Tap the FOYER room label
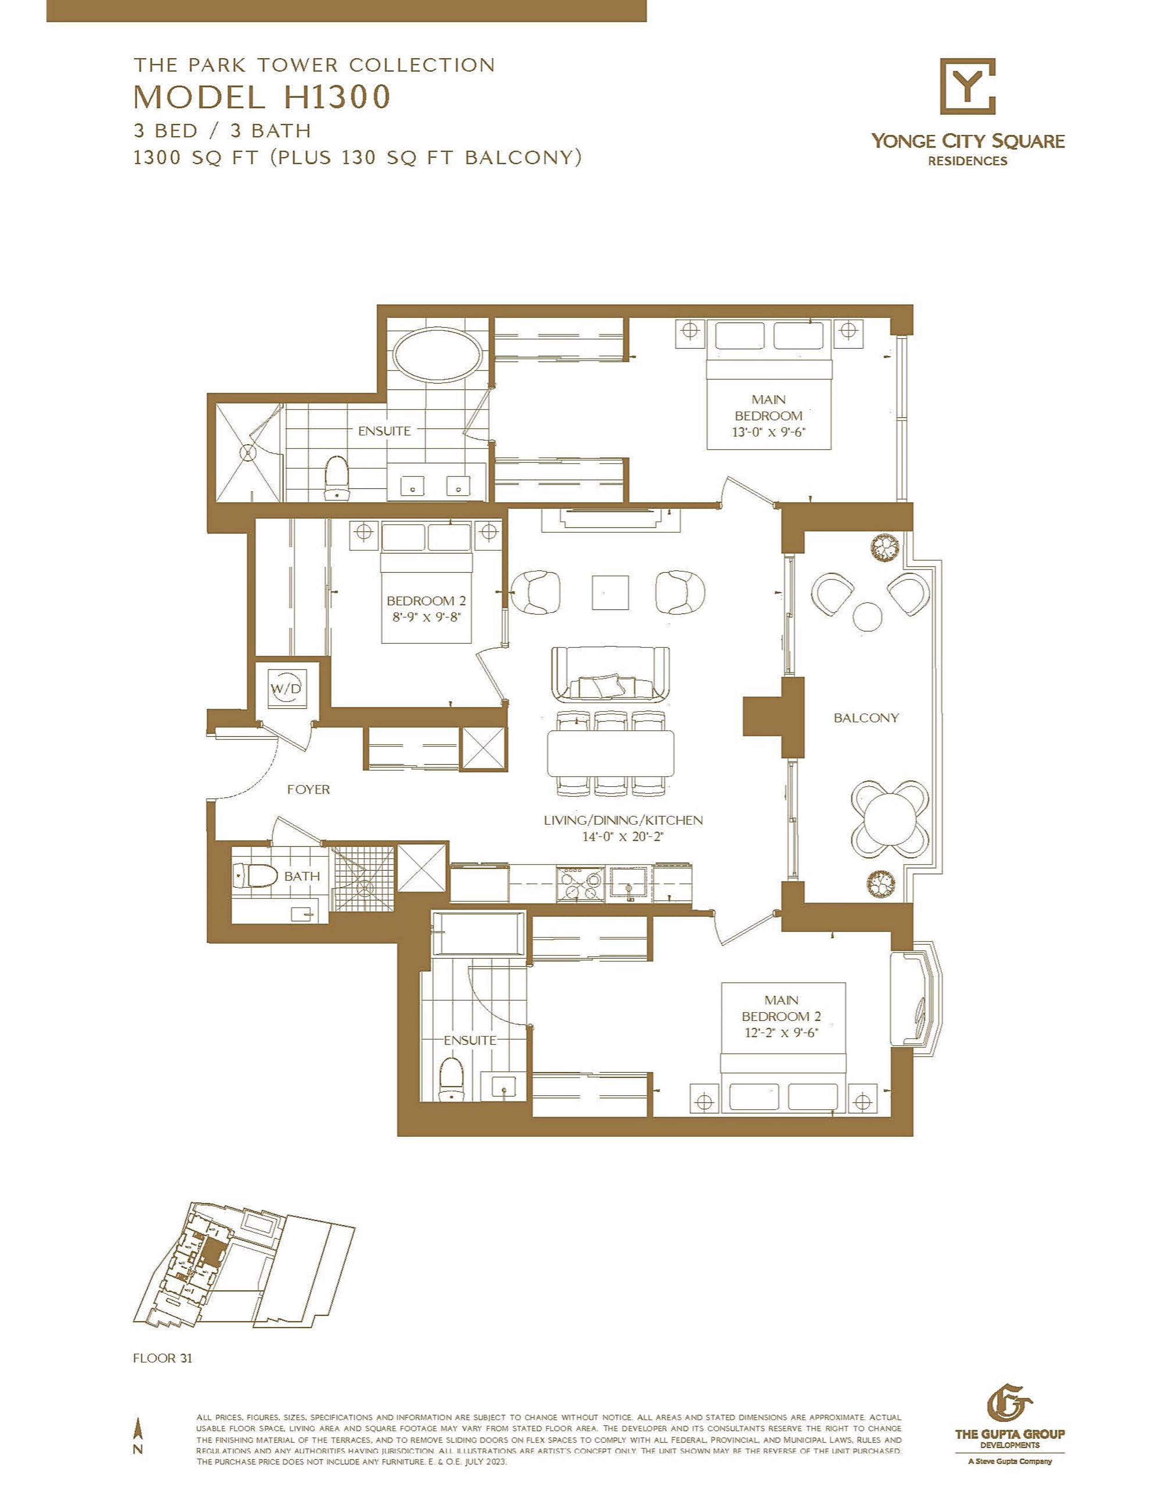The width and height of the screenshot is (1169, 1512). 308,789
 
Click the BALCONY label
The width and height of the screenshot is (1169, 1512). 866,718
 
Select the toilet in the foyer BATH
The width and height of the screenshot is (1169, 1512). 256,877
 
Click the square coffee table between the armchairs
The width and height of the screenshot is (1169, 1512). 611,592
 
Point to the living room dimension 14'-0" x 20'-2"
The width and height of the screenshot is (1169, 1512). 623,836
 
